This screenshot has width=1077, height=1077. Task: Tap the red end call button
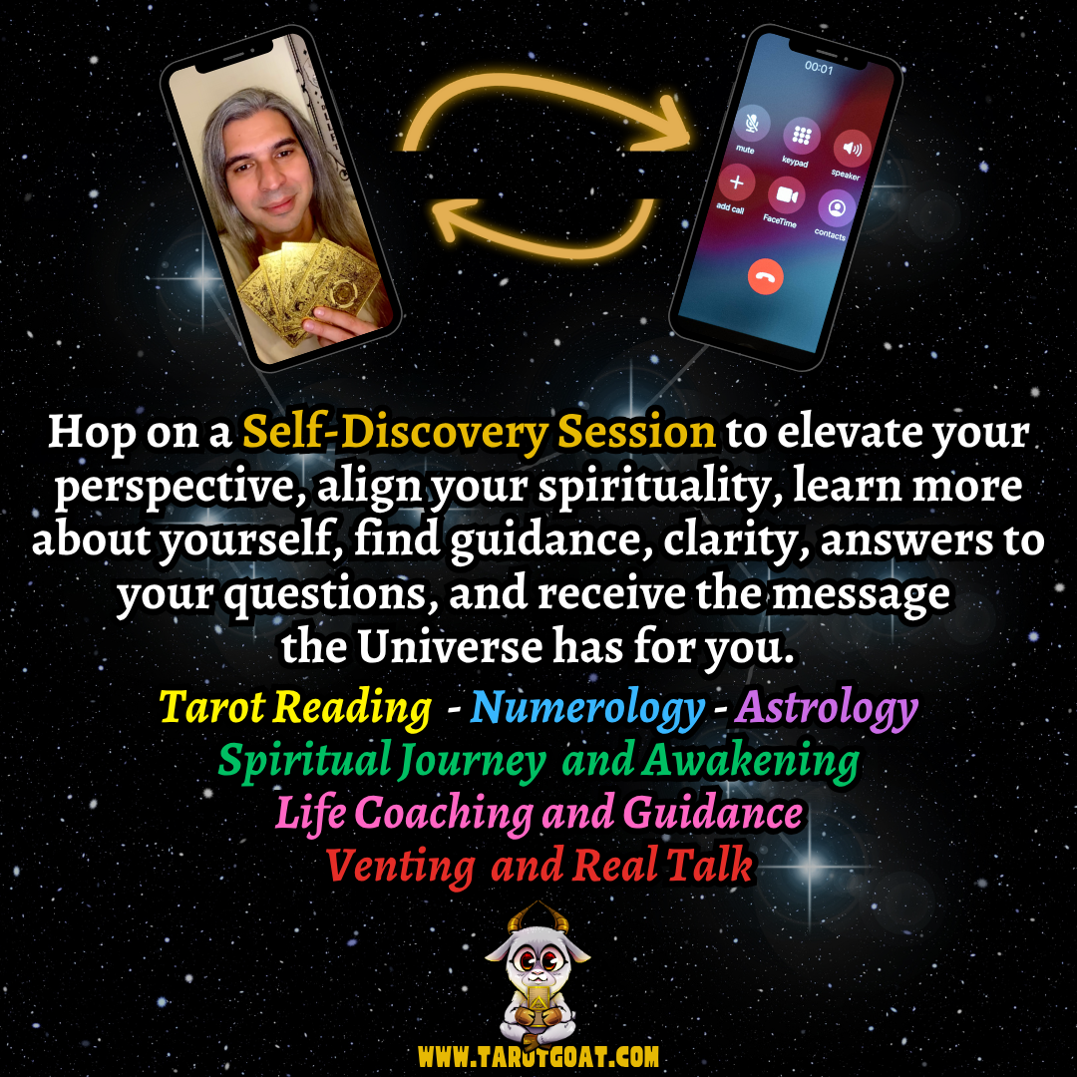coord(766,277)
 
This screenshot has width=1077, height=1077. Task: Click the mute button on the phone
coord(748,124)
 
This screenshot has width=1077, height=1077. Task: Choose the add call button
coord(736,182)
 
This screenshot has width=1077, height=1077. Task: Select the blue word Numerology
coord(587,709)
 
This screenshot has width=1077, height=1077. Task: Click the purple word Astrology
coord(827,709)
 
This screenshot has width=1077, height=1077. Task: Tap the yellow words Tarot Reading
coord(295,709)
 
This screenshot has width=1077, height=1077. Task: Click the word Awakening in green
coord(750,762)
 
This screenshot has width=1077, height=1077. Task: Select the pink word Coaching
coord(444,814)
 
